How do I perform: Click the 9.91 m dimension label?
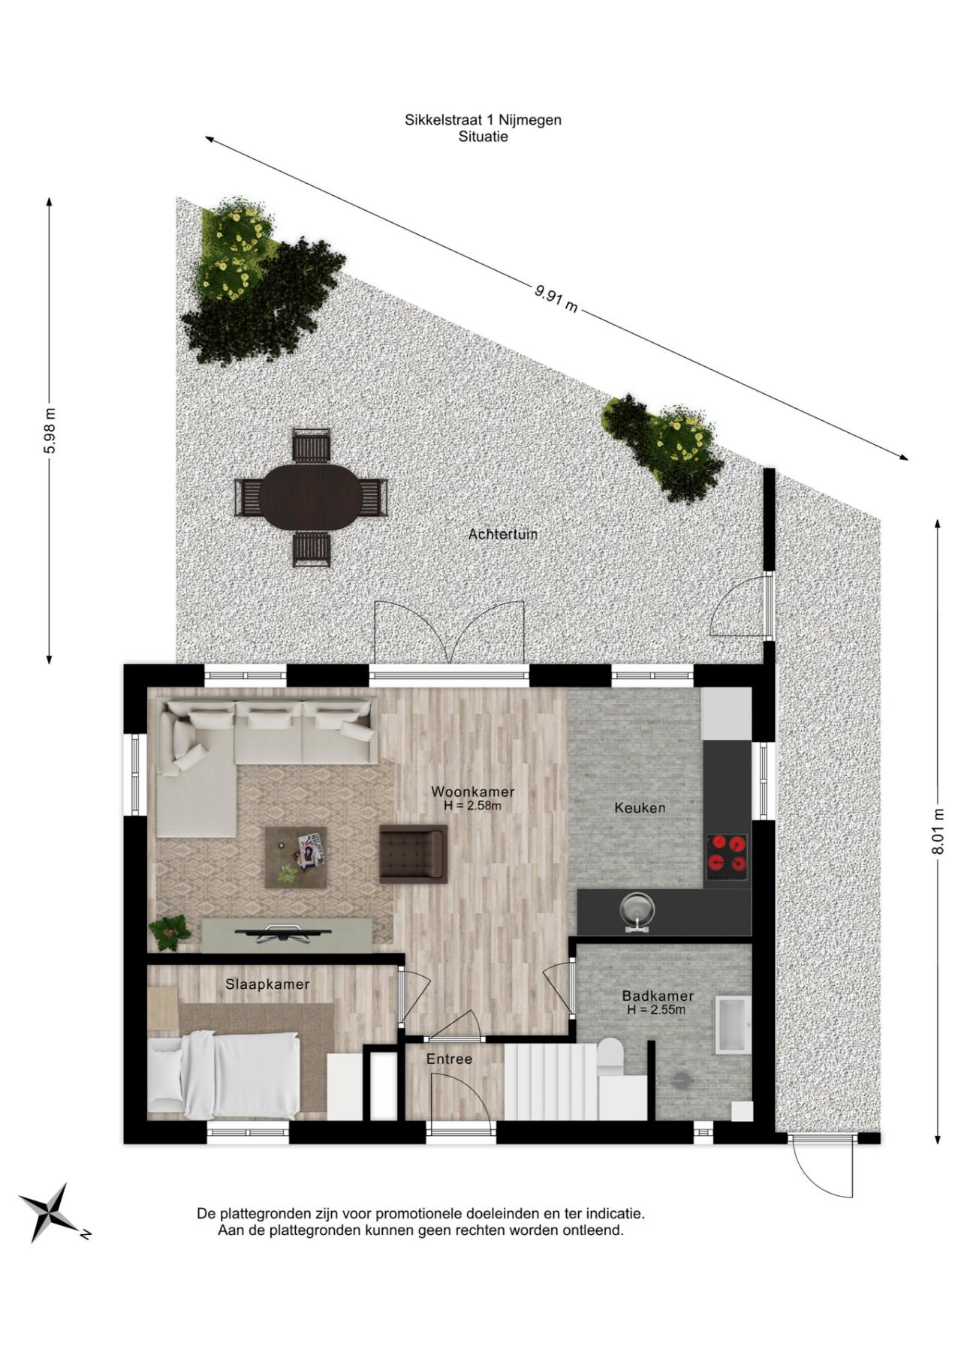[x=556, y=298]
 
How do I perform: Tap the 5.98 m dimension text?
[x=50, y=431]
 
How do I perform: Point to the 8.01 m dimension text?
[x=938, y=831]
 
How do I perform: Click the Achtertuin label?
[x=502, y=534]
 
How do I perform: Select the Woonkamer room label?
[x=472, y=792]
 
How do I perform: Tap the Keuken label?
[x=640, y=807]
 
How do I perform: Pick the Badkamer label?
[x=657, y=996]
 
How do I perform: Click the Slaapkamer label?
[x=267, y=984]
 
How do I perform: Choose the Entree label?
[x=449, y=1059]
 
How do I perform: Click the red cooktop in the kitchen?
[x=727, y=857]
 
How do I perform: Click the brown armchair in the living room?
[x=414, y=853]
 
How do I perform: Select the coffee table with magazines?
[x=296, y=857]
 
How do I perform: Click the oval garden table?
[x=311, y=497]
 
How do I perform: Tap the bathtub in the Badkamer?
[x=732, y=1024]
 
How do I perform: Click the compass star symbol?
[x=50, y=1211]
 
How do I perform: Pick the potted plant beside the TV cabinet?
[x=170, y=931]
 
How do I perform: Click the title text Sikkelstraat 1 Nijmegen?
[x=483, y=119]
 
